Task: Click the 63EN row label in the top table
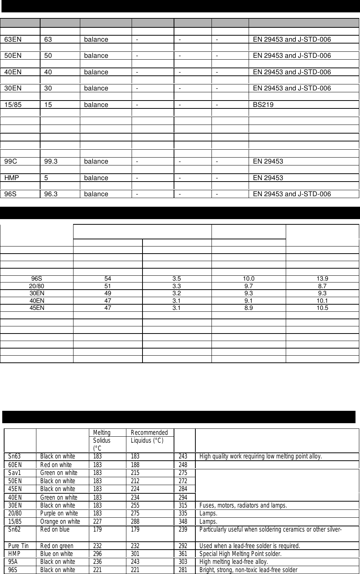coord(13,39)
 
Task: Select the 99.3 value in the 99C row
coord(51,161)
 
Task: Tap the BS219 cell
coord(263,105)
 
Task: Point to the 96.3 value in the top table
coord(51,194)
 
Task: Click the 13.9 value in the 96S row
coord(322,279)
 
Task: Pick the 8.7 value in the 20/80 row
coord(322,286)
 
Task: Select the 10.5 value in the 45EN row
coord(322,308)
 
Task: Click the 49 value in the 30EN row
coord(108,293)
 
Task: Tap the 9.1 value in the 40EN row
coord(248,301)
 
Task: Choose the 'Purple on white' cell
coord(59,514)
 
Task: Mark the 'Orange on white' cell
coord(60,521)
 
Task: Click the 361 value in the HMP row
coord(183,554)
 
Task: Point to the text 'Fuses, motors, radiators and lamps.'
coord(243,505)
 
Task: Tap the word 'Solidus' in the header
coord(102,440)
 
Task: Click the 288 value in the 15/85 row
coord(135,521)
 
